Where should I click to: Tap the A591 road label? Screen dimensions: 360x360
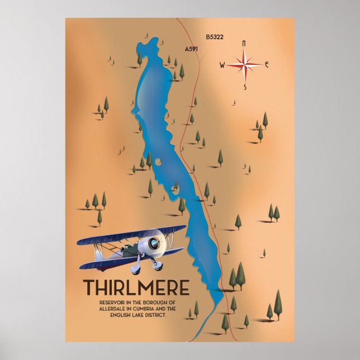[x=191, y=49]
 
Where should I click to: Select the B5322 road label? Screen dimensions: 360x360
[x=214, y=37]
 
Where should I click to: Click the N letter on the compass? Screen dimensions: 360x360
[x=243, y=43]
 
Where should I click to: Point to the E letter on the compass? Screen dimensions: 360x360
[x=267, y=65]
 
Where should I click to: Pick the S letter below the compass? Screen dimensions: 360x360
[x=244, y=88]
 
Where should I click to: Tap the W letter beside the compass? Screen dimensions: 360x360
[x=222, y=65]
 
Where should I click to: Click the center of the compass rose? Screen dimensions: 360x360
[x=244, y=65]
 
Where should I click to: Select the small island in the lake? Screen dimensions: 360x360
[x=158, y=163]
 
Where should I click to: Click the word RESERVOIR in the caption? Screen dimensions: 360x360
[x=99, y=302]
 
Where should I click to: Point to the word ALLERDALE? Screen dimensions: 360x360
[x=102, y=309]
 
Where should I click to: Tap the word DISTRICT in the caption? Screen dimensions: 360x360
[x=154, y=315]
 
